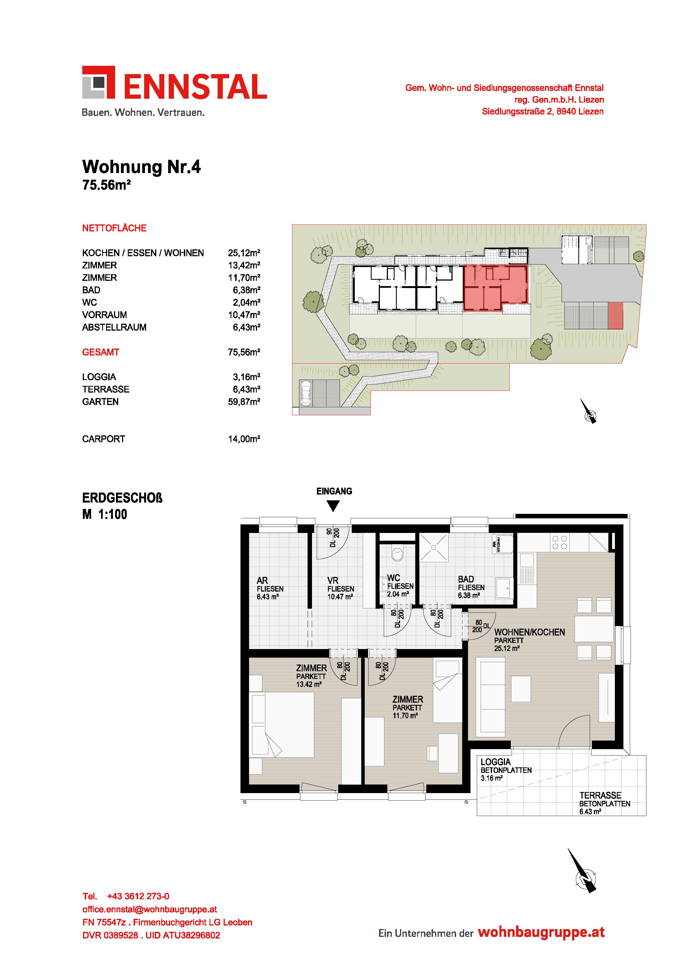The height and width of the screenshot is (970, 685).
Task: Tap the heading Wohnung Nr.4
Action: click(x=141, y=167)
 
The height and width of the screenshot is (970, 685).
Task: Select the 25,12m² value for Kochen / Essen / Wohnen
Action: click(x=244, y=253)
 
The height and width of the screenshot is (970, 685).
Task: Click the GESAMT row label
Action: click(x=100, y=352)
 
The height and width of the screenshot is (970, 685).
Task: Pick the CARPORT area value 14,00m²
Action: click(x=244, y=439)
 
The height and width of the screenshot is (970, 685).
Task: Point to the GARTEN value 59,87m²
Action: click(x=244, y=402)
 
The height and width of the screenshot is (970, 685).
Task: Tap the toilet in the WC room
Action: click(x=397, y=554)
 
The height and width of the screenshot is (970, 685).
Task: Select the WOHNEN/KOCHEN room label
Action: click(x=529, y=632)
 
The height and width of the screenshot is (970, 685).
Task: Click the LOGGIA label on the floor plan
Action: click(x=496, y=762)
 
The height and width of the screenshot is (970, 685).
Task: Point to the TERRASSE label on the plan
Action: click(x=600, y=795)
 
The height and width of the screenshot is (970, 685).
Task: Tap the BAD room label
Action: click(x=466, y=579)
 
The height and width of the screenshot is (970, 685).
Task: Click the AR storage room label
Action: click(x=262, y=581)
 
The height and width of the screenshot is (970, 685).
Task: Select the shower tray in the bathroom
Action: click(x=433, y=547)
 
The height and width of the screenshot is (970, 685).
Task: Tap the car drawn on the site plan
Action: click(x=305, y=393)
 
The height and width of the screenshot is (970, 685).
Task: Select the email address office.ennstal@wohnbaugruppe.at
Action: click(x=150, y=909)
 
